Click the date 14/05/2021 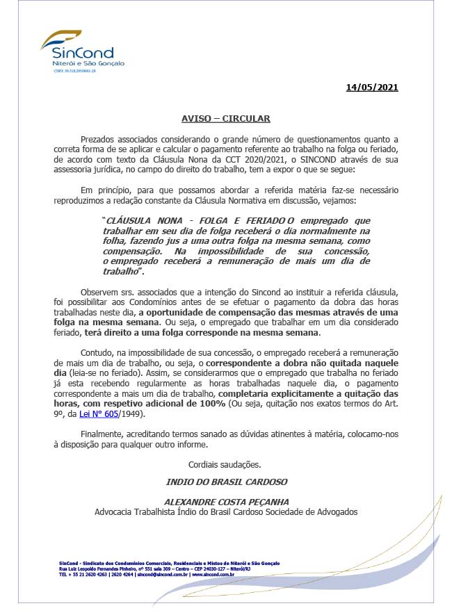click(x=372, y=88)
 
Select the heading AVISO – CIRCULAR click(x=226, y=119)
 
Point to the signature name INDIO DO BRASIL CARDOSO click(x=226, y=481)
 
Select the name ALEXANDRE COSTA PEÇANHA click(x=226, y=500)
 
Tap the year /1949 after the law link click(x=129, y=413)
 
